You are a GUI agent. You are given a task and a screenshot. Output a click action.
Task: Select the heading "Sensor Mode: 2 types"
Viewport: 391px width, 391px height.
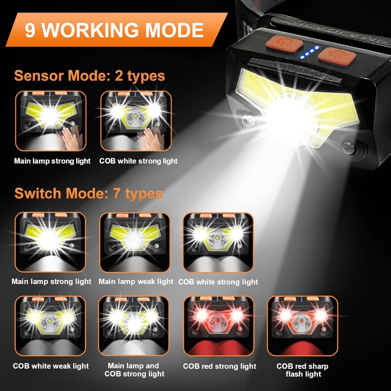coord(90,75)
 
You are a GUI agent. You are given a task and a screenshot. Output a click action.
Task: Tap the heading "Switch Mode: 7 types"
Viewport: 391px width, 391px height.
coord(88,193)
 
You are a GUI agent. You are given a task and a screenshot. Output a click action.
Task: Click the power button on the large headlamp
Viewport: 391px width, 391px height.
coord(284,44)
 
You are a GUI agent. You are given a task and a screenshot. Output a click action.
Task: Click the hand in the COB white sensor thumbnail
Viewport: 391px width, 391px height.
coord(151,137)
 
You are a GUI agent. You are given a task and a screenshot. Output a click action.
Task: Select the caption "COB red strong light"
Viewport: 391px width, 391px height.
coord(219,366)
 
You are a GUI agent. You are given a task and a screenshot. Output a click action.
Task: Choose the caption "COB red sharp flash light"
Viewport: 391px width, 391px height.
coord(303,370)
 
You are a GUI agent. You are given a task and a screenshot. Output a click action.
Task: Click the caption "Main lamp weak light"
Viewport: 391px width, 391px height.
coord(136,282)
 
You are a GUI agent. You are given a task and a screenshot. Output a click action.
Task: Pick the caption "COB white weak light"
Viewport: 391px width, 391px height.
coord(50,366)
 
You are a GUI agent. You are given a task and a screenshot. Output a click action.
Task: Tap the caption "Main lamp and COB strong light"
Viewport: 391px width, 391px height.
coord(134,370)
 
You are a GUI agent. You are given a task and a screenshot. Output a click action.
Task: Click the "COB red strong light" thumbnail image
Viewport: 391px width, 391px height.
coord(219,326)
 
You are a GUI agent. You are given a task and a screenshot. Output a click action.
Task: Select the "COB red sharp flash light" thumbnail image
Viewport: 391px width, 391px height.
coord(303,326)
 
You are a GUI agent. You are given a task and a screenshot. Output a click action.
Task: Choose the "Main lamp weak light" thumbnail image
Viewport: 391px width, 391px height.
coord(135,242)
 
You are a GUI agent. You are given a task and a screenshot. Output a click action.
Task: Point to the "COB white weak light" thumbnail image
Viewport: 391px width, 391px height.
coord(50,326)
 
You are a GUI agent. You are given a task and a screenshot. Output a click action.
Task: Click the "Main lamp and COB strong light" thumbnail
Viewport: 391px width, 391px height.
coord(134,326)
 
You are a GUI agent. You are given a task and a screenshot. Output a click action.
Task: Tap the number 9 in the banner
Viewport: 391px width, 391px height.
coord(30,30)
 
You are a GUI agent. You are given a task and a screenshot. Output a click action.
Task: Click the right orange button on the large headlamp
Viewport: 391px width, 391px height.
coord(337,57)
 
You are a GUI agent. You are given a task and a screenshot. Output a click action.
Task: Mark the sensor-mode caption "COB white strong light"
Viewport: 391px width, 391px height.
coord(138,161)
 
